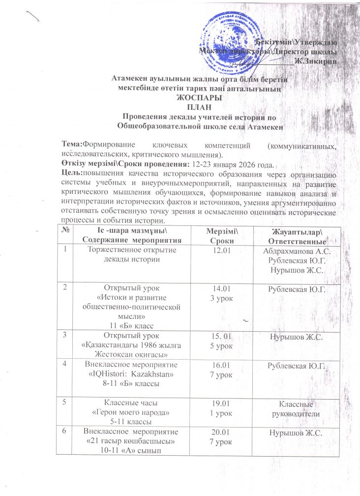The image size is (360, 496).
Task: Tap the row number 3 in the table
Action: (64, 334)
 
